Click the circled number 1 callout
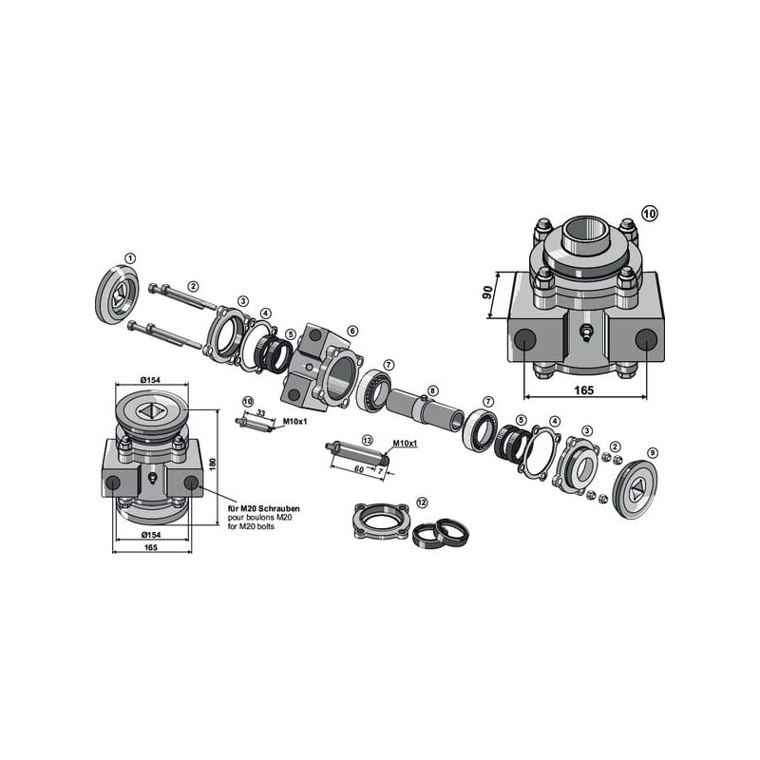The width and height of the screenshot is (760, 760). (x=130, y=258)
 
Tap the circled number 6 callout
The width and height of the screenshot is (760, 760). (x=352, y=331)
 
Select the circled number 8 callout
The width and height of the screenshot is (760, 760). (x=433, y=389)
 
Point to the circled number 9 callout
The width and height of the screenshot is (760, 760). (x=653, y=453)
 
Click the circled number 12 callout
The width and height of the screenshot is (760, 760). (x=422, y=503)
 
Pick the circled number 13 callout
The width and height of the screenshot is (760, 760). (x=368, y=440)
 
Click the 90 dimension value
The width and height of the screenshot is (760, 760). (x=488, y=293)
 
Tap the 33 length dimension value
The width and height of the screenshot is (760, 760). (x=260, y=413)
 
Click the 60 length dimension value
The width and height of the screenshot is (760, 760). (x=359, y=468)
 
